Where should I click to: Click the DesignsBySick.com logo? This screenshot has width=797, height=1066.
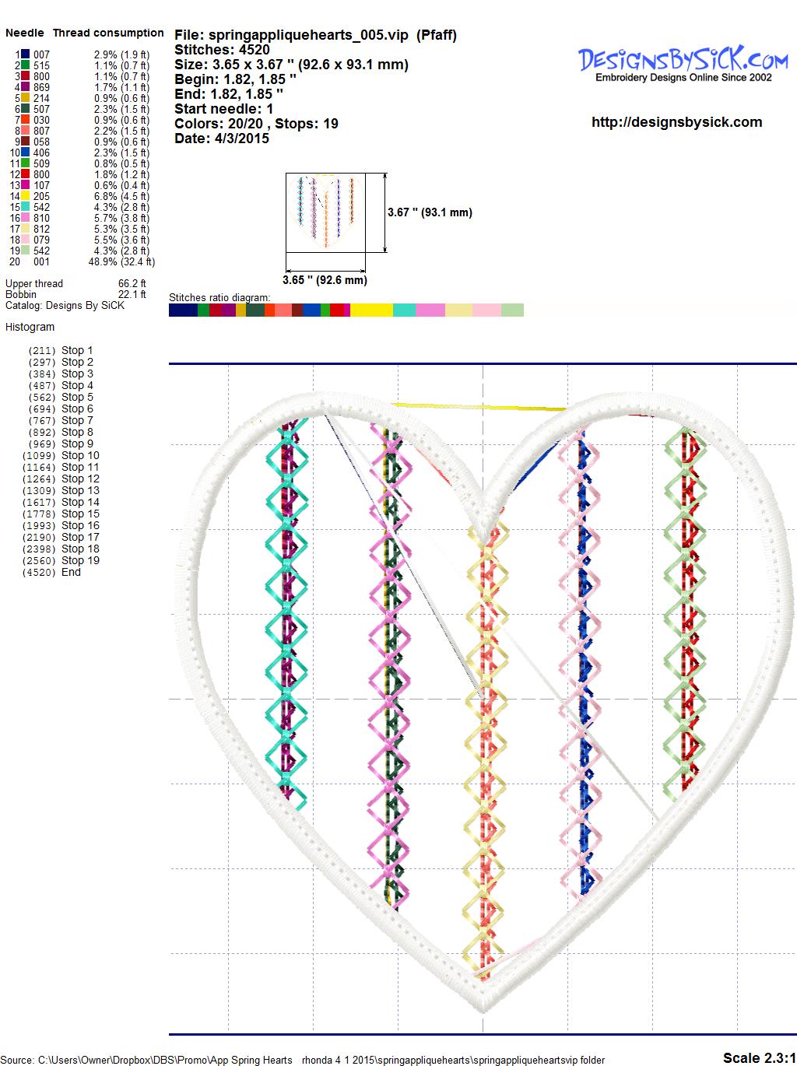pyautogui.click(x=683, y=64)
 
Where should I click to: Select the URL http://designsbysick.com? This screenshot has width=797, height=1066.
pyautogui.click(x=676, y=122)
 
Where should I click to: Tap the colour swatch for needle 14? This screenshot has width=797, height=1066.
pyautogui.click(x=26, y=196)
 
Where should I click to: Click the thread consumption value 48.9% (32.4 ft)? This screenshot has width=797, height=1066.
pyautogui.click(x=121, y=261)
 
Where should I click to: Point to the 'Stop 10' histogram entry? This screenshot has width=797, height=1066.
pyautogui.click(x=61, y=455)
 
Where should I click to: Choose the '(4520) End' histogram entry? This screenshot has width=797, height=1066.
pyautogui.click(x=51, y=572)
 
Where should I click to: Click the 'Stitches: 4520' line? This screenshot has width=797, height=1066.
pyautogui.click(x=222, y=50)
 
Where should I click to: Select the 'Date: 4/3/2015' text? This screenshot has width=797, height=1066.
pyautogui.click(x=222, y=139)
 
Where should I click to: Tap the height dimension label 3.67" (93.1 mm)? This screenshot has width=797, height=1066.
pyautogui.click(x=430, y=212)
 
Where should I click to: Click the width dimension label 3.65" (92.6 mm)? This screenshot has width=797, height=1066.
pyautogui.click(x=325, y=280)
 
